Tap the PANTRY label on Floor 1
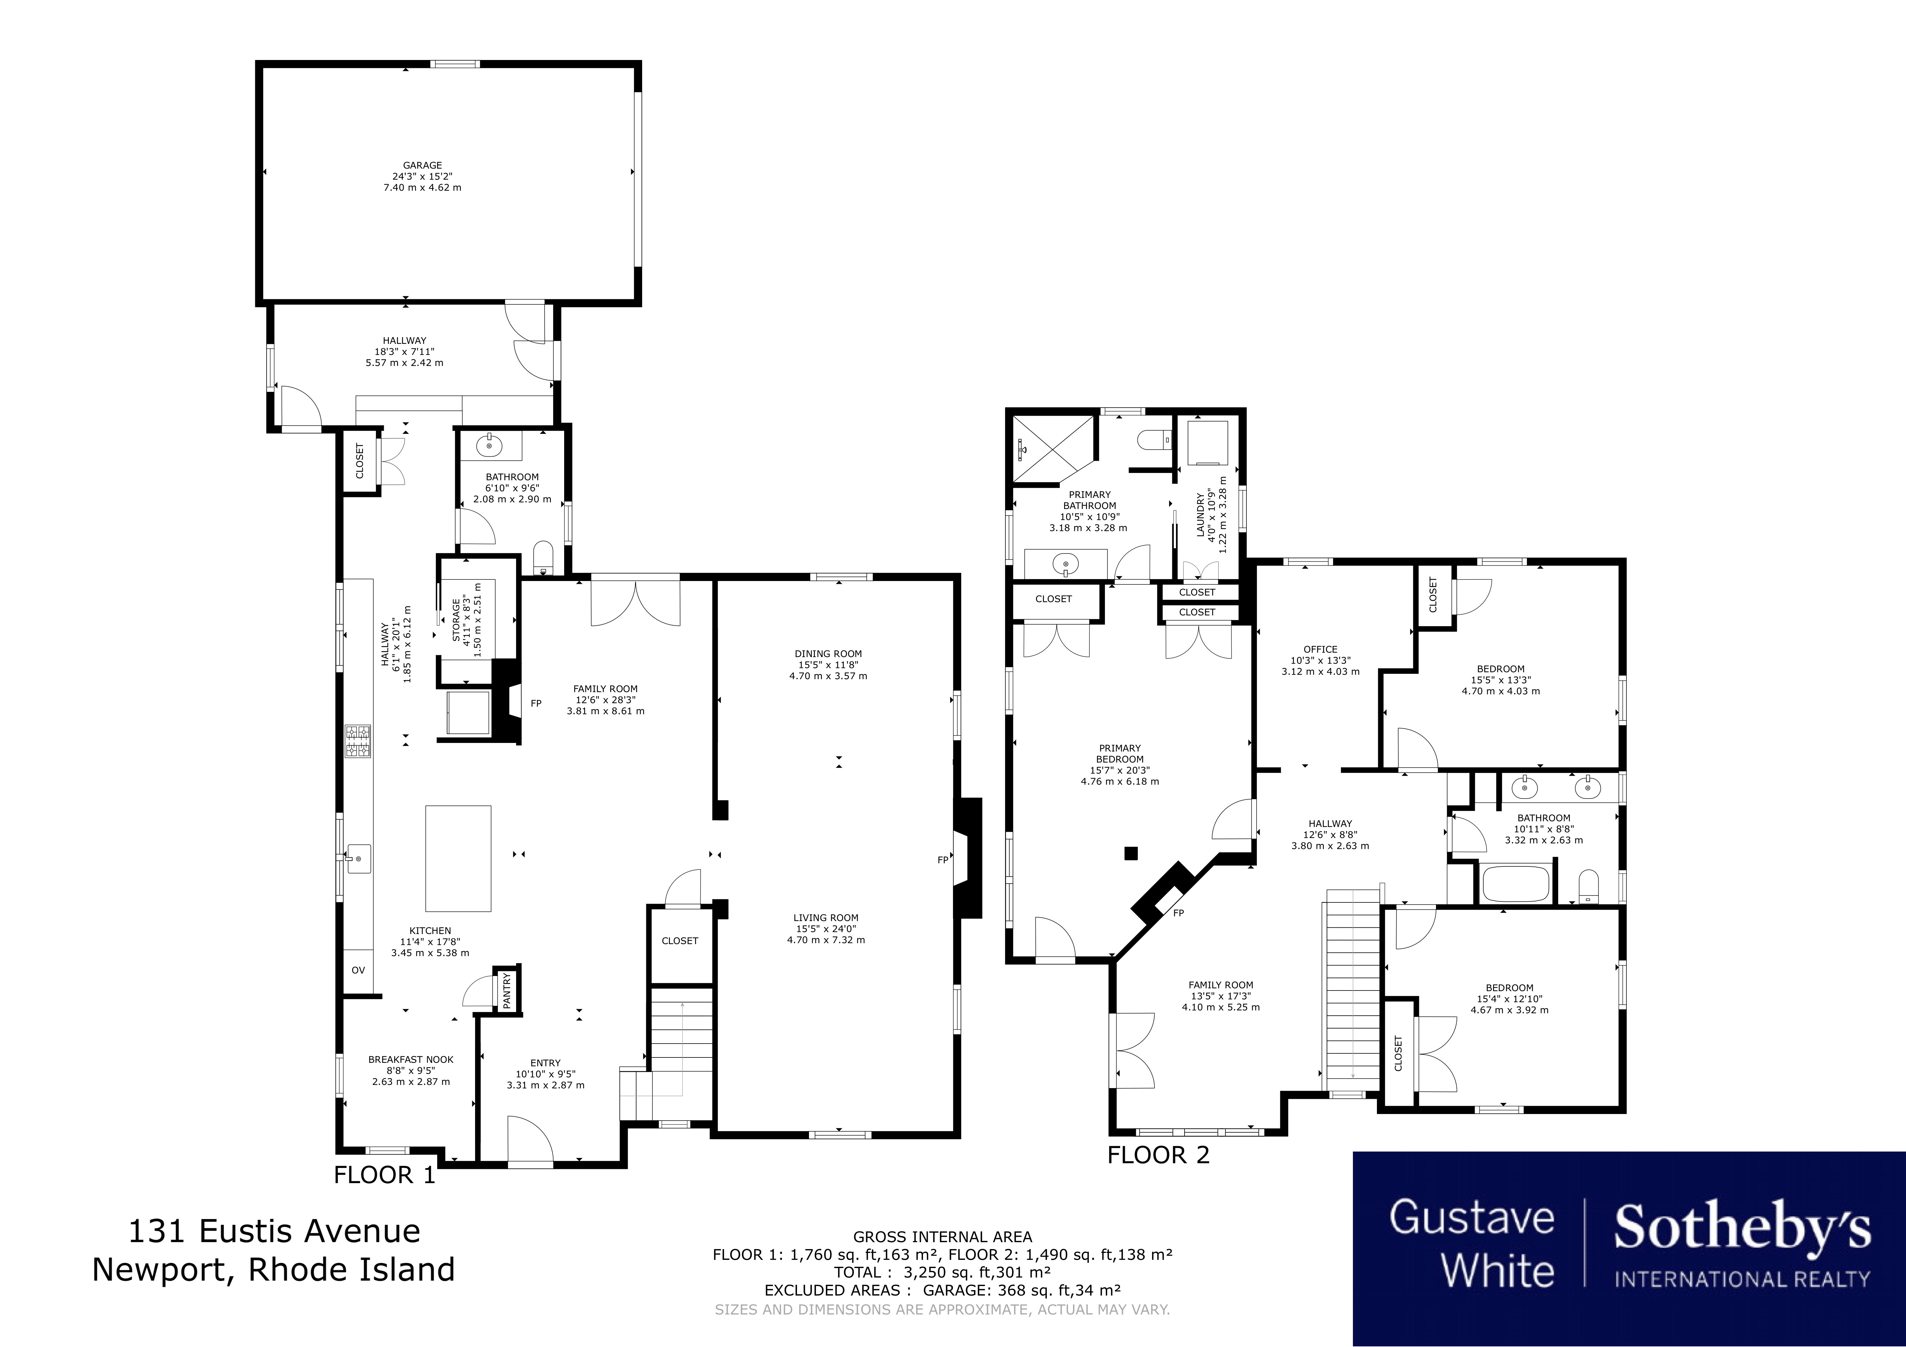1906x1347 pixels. (507, 990)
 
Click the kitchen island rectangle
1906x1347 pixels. (458, 858)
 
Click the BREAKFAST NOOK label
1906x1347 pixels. (411, 1060)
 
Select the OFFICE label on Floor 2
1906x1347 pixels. (1320, 650)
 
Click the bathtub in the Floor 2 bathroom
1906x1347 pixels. (1516, 885)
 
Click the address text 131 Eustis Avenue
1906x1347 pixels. (274, 1231)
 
